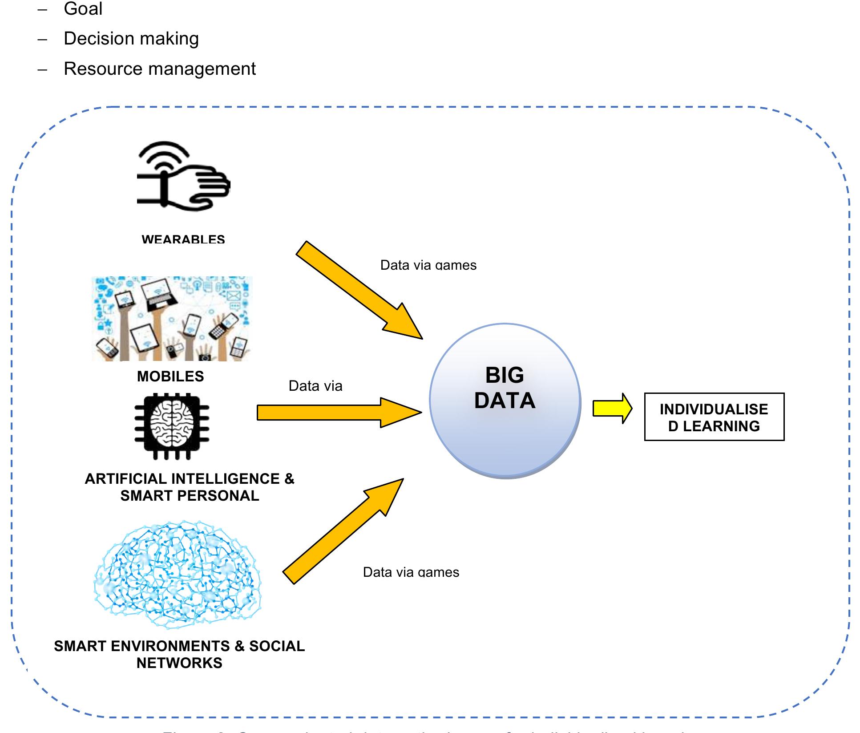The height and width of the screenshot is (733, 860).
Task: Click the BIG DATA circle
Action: (x=505, y=401)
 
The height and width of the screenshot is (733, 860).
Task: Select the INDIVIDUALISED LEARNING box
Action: (x=714, y=417)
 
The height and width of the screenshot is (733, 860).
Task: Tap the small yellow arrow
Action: (x=612, y=408)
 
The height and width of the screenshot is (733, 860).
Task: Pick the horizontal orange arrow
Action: (x=338, y=413)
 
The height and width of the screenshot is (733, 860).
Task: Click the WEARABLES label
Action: (x=183, y=239)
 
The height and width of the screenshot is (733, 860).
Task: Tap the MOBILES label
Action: (x=170, y=377)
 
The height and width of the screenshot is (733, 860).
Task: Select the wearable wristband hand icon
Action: (x=182, y=176)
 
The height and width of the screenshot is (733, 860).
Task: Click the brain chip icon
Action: (x=172, y=426)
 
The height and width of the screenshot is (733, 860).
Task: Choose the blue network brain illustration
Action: (x=178, y=574)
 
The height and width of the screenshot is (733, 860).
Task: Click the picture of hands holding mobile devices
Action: (x=172, y=319)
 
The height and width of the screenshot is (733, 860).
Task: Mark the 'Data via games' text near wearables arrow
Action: (x=428, y=265)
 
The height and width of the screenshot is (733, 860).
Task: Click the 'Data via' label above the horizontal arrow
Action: (x=315, y=386)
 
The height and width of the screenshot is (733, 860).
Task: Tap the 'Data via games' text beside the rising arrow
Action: (x=411, y=572)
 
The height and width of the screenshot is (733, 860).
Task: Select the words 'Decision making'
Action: (x=131, y=39)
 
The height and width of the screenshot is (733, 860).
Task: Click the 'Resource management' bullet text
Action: (x=160, y=69)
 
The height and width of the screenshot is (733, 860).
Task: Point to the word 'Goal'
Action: (x=83, y=9)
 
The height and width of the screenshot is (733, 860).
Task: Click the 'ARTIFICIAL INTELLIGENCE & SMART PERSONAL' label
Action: (x=190, y=487)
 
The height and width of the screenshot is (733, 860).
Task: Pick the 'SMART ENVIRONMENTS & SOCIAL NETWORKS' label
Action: (x=179, y=655)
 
